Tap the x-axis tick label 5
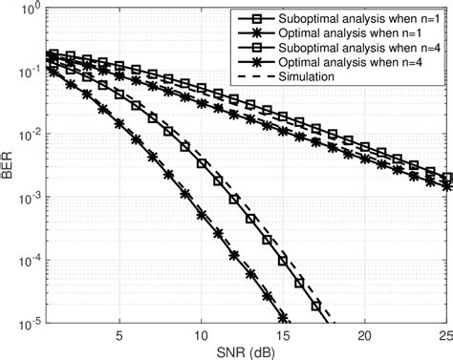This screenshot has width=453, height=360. click(119, 336)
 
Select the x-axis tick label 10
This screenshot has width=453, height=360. click(202, 336)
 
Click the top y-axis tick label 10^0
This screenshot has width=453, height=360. click(27, 11)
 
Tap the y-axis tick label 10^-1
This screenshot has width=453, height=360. click(27, 73)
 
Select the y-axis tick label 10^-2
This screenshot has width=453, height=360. click(27, 135)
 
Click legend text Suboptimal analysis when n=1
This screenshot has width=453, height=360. click(350, 19)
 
